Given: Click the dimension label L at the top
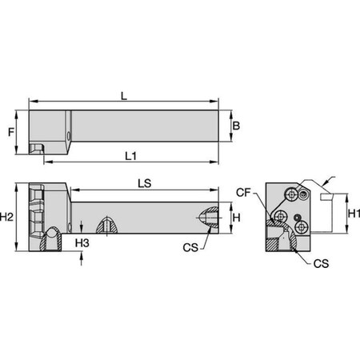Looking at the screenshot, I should coord(123,95).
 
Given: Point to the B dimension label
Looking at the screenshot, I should coord(235,125).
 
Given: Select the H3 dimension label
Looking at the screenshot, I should coord(81,241).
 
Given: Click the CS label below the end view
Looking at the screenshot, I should coord(320,262).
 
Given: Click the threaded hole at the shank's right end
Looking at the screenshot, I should coord(206,217).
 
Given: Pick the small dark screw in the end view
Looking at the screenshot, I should coord(297,216).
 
